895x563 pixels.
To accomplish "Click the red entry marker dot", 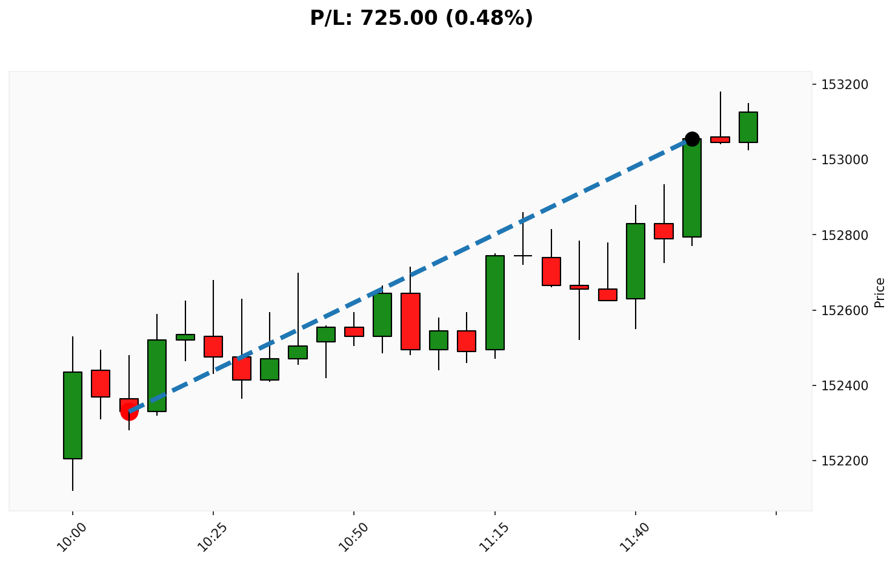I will click(129, 411).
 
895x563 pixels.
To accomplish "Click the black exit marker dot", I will click(692, 139).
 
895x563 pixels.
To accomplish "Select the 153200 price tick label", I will click(847, 85).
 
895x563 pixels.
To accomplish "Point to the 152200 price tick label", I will click(847, 461).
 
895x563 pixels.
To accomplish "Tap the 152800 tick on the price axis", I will click(847, 235).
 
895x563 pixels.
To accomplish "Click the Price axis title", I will click(880, 292).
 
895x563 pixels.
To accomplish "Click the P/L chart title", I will click(421, 18).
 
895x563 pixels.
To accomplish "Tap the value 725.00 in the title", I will click(398, 18).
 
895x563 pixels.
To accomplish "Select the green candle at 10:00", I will click(73, 415).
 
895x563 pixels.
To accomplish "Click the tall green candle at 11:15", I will click(495, 302).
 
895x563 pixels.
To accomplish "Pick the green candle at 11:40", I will click(636, 261).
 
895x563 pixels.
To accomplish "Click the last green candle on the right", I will click(748, 127).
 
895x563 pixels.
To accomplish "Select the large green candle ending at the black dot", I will click(692, 188).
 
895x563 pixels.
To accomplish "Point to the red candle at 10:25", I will click(213, 347).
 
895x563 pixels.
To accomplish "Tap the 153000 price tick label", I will click(847, 160).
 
